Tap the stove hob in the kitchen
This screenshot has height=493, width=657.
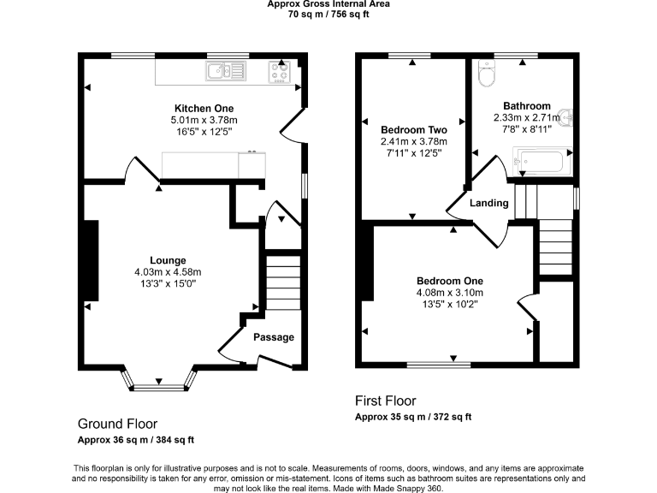coord(280,72)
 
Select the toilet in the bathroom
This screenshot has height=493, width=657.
coord(486,76)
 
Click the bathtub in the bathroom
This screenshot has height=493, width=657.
coord(539,160)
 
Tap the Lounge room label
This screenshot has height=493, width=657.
coord(168,260)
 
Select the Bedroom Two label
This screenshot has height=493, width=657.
coord(414,129)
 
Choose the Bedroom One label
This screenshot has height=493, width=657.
coord(449,281)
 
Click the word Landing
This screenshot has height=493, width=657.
coord(489,203)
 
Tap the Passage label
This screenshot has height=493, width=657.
coord(274,336)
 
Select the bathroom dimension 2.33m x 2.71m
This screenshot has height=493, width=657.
coord(527,118)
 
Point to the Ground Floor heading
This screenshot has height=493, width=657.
coord(117,424)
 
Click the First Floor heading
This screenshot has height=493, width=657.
coord(385,401)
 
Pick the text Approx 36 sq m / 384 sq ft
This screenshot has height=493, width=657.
coord(136,440)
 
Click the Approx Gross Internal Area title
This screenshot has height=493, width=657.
coord(328,4)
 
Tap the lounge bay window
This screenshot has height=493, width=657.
coord(159,387)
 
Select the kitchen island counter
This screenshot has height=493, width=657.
coord(214,165)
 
